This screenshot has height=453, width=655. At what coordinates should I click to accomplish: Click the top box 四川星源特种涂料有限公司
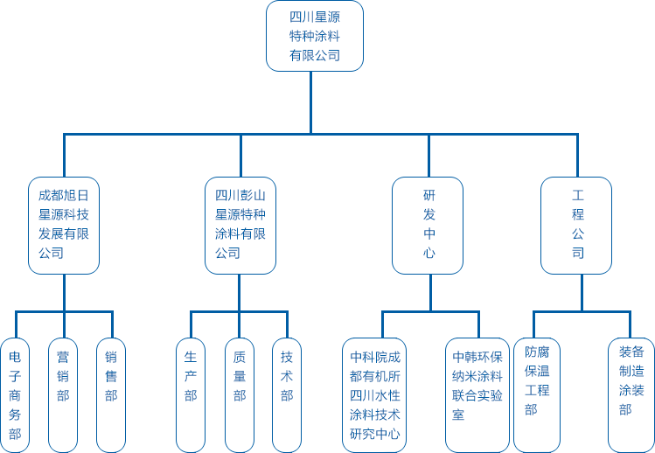[x=315, y=36]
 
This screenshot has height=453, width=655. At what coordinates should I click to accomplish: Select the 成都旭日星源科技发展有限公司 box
[x=64, y=225]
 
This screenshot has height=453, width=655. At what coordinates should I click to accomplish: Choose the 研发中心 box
[x=429, y=225]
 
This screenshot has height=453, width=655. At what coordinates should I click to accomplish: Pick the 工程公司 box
[x=577, y=225]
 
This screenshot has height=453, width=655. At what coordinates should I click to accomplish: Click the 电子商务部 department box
[x=15, y=394]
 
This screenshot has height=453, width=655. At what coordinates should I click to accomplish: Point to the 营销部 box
[x=63, y=394]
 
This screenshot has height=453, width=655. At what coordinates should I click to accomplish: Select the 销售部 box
[x=111, y=394]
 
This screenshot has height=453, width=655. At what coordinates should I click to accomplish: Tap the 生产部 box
[x=191, y=394]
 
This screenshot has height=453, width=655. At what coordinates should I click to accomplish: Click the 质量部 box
[x=239, y=394]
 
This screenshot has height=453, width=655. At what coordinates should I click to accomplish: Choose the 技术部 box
[x=287, y=394]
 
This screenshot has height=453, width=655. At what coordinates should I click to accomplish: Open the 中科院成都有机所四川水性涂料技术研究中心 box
[x=374, y=394]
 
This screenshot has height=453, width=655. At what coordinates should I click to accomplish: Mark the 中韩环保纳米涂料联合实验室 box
[x=477, y=394]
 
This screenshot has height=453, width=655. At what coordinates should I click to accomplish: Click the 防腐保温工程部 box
[x=537, y=394]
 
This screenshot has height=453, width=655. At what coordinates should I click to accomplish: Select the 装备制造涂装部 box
[x=631, y=394]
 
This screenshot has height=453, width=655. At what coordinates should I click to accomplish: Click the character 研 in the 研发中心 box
[x=429, y=195]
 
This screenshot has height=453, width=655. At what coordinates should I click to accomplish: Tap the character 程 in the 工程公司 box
[x=578, y=214]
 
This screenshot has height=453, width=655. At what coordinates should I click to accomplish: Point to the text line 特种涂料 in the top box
[x=315, y=36]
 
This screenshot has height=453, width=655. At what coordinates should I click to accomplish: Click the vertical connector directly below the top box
[x=311, y=101]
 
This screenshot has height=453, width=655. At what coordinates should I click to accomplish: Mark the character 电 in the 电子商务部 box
[x=15, y=357]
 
